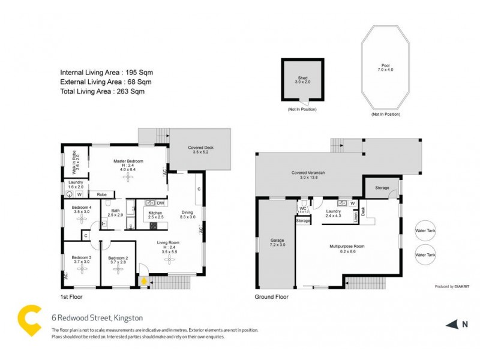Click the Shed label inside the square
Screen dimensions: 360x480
pyautogui.click(x=302, y=79)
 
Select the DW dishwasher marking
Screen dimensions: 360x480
pyautogui.click(x=160, y=203)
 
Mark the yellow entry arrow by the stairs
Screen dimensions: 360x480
pyautogui.click(x=144, y=280)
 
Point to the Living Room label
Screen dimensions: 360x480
pyautogui.click(x=169, y=242)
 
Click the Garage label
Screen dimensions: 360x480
pyautogui.click(x=277, y=241)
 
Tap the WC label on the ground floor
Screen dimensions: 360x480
pyautogui.click(x=303, y=208)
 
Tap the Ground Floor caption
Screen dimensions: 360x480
pyautogui.click(x=272, y=296)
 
